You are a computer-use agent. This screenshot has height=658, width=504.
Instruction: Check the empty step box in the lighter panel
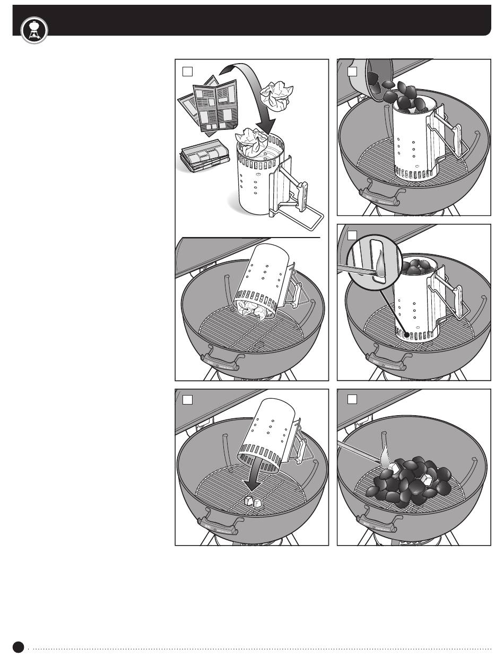(352, 399)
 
